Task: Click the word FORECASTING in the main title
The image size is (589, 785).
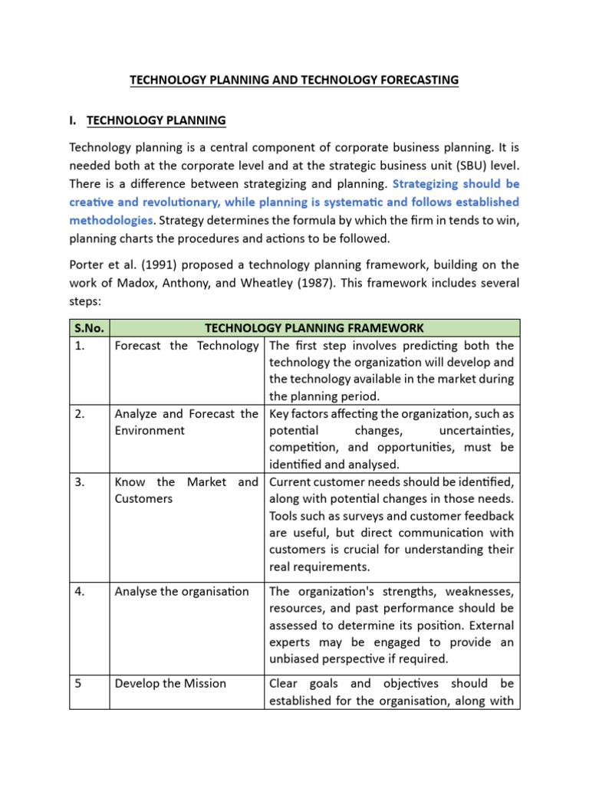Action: (415, 80)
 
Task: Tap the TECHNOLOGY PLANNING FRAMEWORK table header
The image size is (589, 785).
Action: (315, 327)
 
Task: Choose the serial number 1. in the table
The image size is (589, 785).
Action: (80, 346)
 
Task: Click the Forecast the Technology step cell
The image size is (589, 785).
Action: (186, 346)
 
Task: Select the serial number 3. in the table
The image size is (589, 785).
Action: (80, 482)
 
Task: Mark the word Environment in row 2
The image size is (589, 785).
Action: (150, 431)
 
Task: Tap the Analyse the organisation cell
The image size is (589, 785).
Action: (182, 591)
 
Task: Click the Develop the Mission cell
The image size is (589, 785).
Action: (170, 683)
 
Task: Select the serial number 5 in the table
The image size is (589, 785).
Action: (78, 683)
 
